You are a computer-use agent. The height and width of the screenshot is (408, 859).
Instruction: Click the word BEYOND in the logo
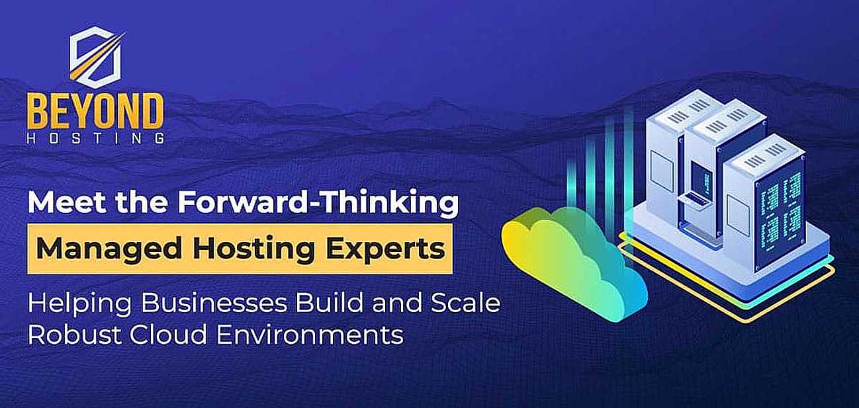[x=95, y=112]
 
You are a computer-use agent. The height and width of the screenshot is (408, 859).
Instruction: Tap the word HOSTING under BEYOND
[x=96, y=138]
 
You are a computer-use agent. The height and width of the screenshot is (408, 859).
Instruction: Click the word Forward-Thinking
[x=318, y=204]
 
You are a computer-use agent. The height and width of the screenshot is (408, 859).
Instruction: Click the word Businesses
[x=214, y=302]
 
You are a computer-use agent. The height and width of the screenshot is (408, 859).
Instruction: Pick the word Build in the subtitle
[x=330, y=302]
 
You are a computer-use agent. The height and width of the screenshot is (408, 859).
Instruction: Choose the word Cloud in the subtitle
[x=168, y=334]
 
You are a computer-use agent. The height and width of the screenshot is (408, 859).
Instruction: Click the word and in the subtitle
[x=397, y=302]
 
